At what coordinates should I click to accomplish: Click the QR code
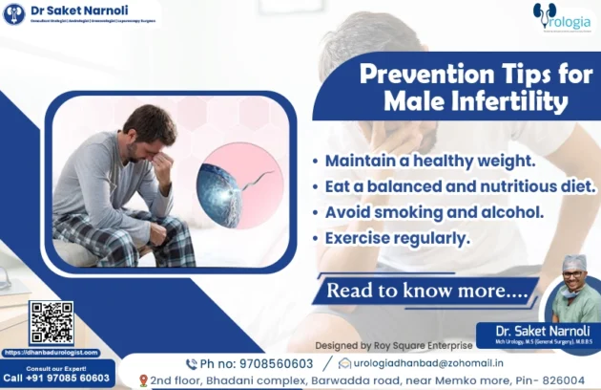click(x=51, y=323)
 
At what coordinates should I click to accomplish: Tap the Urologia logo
click(x=562, y=18)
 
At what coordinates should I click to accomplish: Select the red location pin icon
click(x=143, y=380)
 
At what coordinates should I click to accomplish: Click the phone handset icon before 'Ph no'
click(x=191, y=363)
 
